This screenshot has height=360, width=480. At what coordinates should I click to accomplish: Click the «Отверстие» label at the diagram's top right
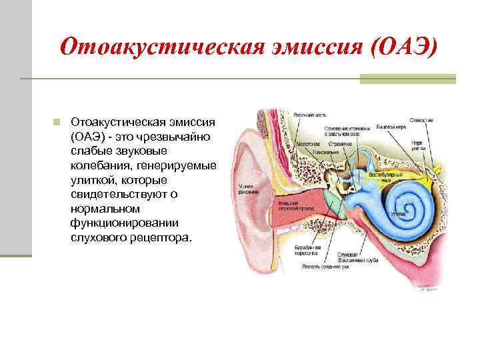421,121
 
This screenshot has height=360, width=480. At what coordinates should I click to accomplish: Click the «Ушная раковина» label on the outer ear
241,191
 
